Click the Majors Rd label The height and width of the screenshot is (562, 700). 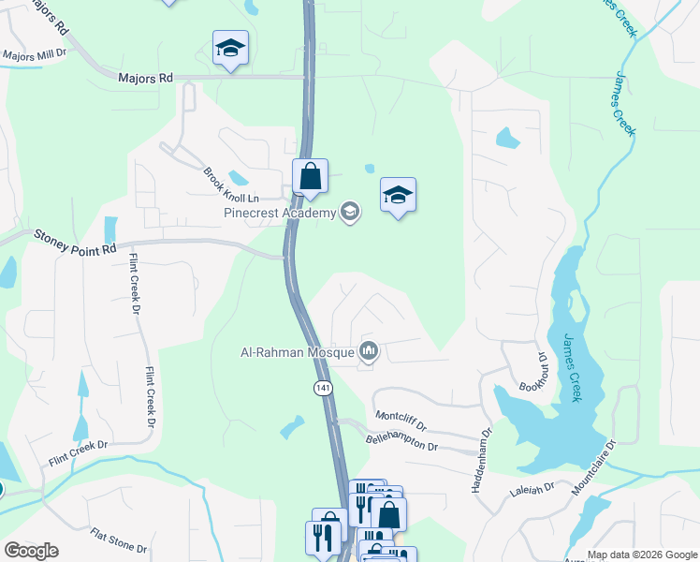click(146, 79)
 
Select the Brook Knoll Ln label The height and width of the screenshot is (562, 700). click(229, 184)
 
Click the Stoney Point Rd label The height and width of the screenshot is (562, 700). click(75, 241)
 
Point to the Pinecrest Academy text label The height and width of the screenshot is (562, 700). click(279, 213)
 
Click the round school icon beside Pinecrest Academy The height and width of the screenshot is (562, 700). click(350, 212)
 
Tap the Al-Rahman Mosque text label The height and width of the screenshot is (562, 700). click(295, 352)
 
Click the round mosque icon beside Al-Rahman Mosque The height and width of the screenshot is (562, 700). click(369, 351)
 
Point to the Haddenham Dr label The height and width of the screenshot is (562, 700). click(487, 459)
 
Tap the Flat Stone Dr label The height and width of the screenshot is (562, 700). click(118, 540)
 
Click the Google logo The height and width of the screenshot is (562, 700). click(31, 551)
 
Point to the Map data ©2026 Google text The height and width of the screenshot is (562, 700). click(641, 555)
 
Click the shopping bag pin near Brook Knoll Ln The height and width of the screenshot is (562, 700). click(310, 176)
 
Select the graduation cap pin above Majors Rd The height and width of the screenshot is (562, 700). click(229, 48)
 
